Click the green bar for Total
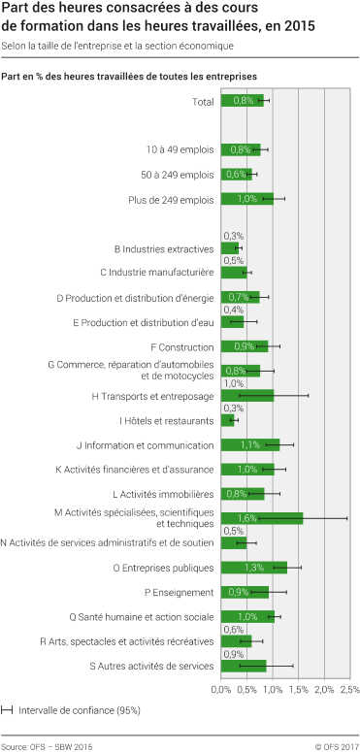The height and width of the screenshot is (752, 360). tap(242, 100)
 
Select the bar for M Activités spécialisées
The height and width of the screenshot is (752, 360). tap(262, 518)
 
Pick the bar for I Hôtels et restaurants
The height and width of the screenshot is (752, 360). tap(227, 420)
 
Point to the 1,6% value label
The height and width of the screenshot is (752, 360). tap(245, 518)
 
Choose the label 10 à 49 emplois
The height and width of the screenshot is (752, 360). tap(180, 149)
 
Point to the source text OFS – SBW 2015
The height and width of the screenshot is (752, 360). tap(47, 746)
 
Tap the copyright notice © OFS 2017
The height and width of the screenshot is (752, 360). tap(337, 746)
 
